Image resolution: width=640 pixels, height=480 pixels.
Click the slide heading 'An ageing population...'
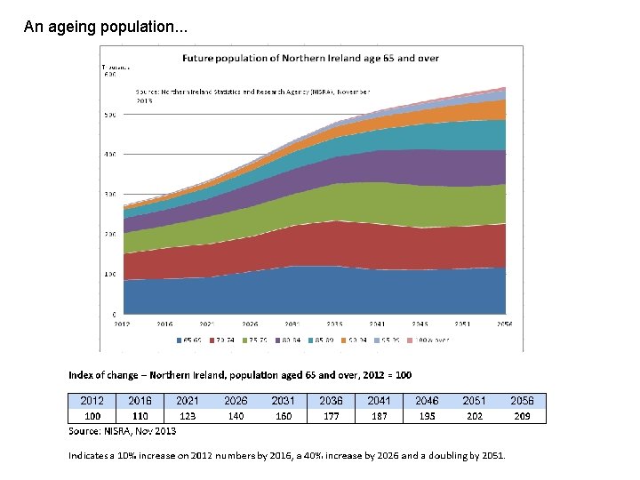[106, 28]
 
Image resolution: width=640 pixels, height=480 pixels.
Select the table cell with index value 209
[522, 415]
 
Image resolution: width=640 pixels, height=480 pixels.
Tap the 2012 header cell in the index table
[92, 401]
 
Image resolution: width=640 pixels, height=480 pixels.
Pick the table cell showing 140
[236, 415]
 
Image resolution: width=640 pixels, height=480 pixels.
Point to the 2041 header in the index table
[379, 401]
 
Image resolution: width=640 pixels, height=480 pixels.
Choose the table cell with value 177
[331, 415]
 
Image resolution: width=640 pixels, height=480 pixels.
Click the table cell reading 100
[92, 415]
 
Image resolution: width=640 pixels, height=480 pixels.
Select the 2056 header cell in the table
[522, 401]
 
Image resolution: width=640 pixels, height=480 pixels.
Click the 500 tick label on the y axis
[109, 115]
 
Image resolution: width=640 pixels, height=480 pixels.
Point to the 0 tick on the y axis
[113, 315]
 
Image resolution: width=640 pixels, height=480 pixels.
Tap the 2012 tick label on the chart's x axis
[123, 324]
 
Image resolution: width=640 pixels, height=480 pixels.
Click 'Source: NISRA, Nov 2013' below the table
[123, 431]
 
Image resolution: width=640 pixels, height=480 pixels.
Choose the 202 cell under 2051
[474, 415]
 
